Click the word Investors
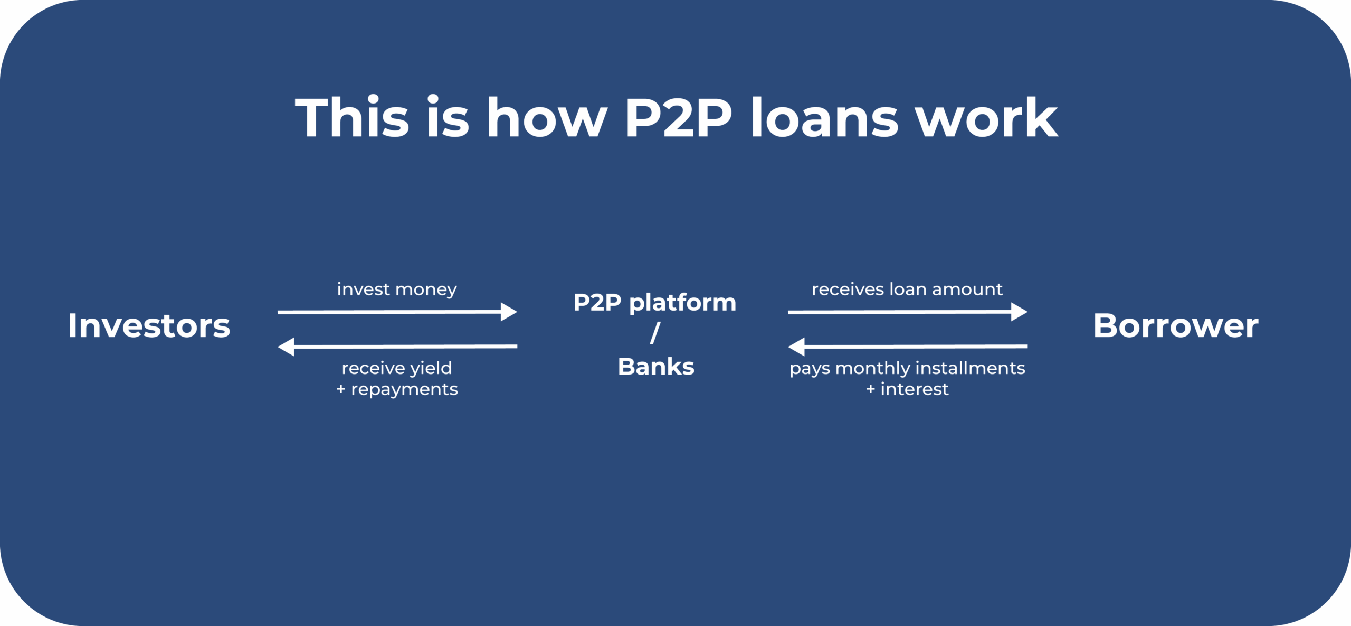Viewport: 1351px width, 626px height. (x=149, y=325)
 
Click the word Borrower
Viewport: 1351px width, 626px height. (x=1176, y=325)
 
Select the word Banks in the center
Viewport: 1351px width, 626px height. (x=656, y=367)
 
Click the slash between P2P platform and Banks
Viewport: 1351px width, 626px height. (x=655, y=333)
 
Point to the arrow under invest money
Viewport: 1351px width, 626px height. (x=397, y=312)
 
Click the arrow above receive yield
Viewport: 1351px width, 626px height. (x=397, y=347)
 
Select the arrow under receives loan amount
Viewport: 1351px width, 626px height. (x=908, y=312)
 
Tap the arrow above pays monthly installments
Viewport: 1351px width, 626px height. (x=908, y=347)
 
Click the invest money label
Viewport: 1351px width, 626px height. (x=397, y=289)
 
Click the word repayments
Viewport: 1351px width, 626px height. (x=405, y=390)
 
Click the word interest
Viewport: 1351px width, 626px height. (x=915, y=389)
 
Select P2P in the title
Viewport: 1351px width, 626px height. (x=678, y=118)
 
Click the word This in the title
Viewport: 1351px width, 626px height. (x=352, y=117)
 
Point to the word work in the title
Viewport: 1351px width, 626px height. (x=987, y=117)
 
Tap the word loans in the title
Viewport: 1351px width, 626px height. (x=824, y=117)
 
